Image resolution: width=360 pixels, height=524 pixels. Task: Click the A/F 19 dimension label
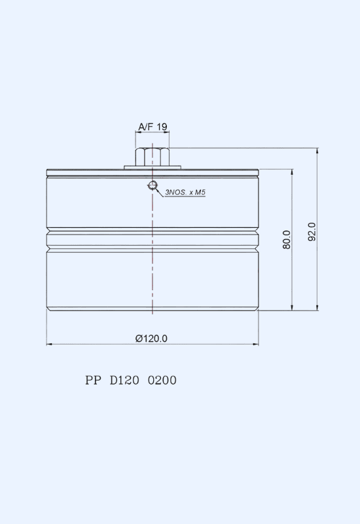click(x=153, y=126)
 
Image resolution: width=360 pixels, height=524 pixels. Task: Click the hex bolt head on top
click(x=153, y=157)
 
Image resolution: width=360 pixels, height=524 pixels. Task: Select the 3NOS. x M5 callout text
click(x=185, y=192)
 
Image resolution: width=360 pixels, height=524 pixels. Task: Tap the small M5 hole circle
click(x=153, y=185)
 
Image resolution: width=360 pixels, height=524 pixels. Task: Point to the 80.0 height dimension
click(x=287, y=240)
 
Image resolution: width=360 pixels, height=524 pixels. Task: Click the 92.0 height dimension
click(x=312, y=232)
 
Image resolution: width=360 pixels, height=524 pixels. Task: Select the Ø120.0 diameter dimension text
click(x=151, y=339)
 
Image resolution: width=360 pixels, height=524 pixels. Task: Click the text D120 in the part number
click(x=124, y=381)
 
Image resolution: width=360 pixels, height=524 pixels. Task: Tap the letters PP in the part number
click(x=93, y=381)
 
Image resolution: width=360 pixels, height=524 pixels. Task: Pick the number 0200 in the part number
click(x=162, y=381)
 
